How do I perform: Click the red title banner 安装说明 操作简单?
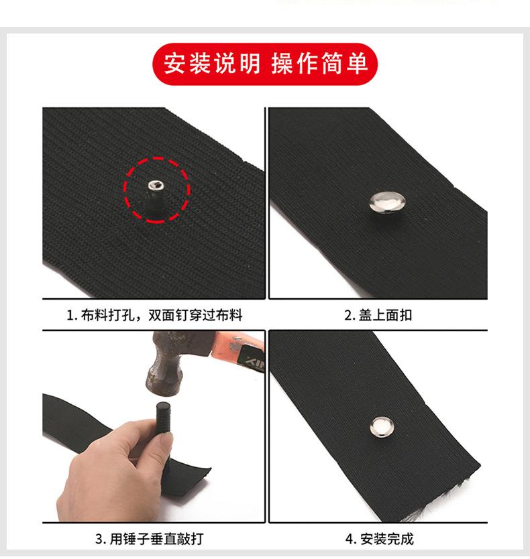265,64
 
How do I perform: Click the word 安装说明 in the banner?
211,64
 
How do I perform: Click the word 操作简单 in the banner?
319,64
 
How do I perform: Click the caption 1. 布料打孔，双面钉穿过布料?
154,315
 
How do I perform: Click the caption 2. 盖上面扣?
378,315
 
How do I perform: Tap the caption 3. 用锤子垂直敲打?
148,539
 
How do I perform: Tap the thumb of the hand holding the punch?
138,446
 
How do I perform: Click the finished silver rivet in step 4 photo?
377,426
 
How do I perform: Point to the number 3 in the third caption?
99,539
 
